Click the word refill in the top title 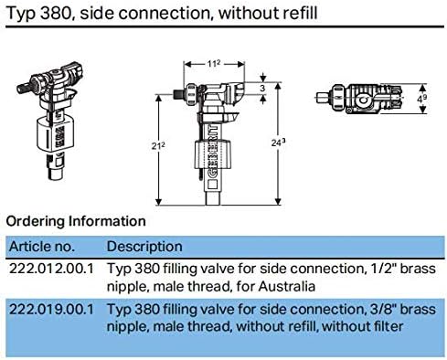pos(301,13)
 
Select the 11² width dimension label pos(214,64)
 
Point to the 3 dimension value pos(262,89)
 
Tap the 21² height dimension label pos(158,146)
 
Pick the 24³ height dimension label pos(278,143)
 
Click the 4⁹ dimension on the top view pos(421,99)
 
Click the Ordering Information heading pos(76,221)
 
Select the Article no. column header pos(42,247)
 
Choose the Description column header pos(144,247)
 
